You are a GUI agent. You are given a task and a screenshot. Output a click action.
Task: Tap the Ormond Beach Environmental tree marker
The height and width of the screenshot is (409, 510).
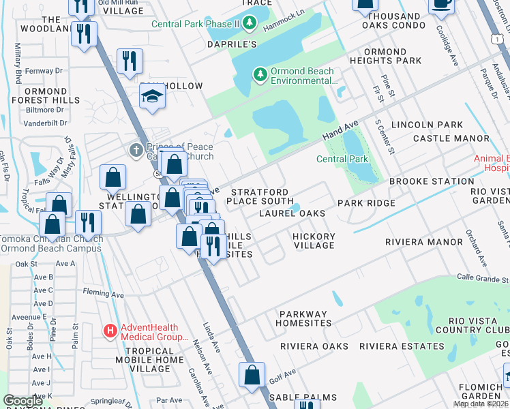click(260, 74)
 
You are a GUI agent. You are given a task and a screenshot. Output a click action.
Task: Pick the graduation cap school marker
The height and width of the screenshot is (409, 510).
click(153, 98)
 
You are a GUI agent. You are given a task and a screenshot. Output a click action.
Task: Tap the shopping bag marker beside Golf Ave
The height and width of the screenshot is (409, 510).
click(252, 375)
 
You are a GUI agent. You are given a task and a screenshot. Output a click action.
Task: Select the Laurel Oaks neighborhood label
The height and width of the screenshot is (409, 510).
click(292, 213)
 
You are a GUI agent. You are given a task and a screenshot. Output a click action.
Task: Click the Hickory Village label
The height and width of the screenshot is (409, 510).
click(314, 241)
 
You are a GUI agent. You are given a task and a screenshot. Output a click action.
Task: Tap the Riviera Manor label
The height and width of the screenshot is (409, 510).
click(424, 242)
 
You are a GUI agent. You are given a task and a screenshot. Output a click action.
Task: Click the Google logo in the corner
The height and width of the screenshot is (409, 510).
click(23, 401)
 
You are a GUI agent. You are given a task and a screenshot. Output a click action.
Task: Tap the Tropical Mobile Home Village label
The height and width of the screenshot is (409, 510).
click(146, 359)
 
